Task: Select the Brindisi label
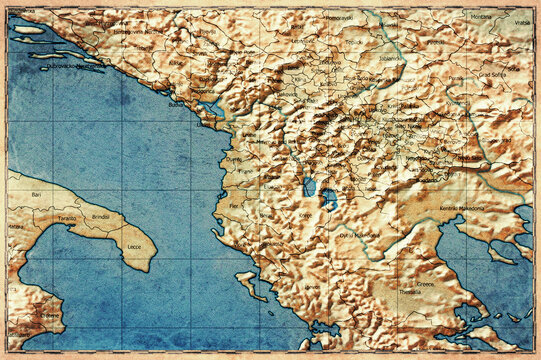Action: [x=100, y=216]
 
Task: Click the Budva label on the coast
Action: [x=178, y=104]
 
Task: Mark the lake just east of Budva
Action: [x=211, y=106]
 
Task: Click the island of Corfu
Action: [x=248, y=281]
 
